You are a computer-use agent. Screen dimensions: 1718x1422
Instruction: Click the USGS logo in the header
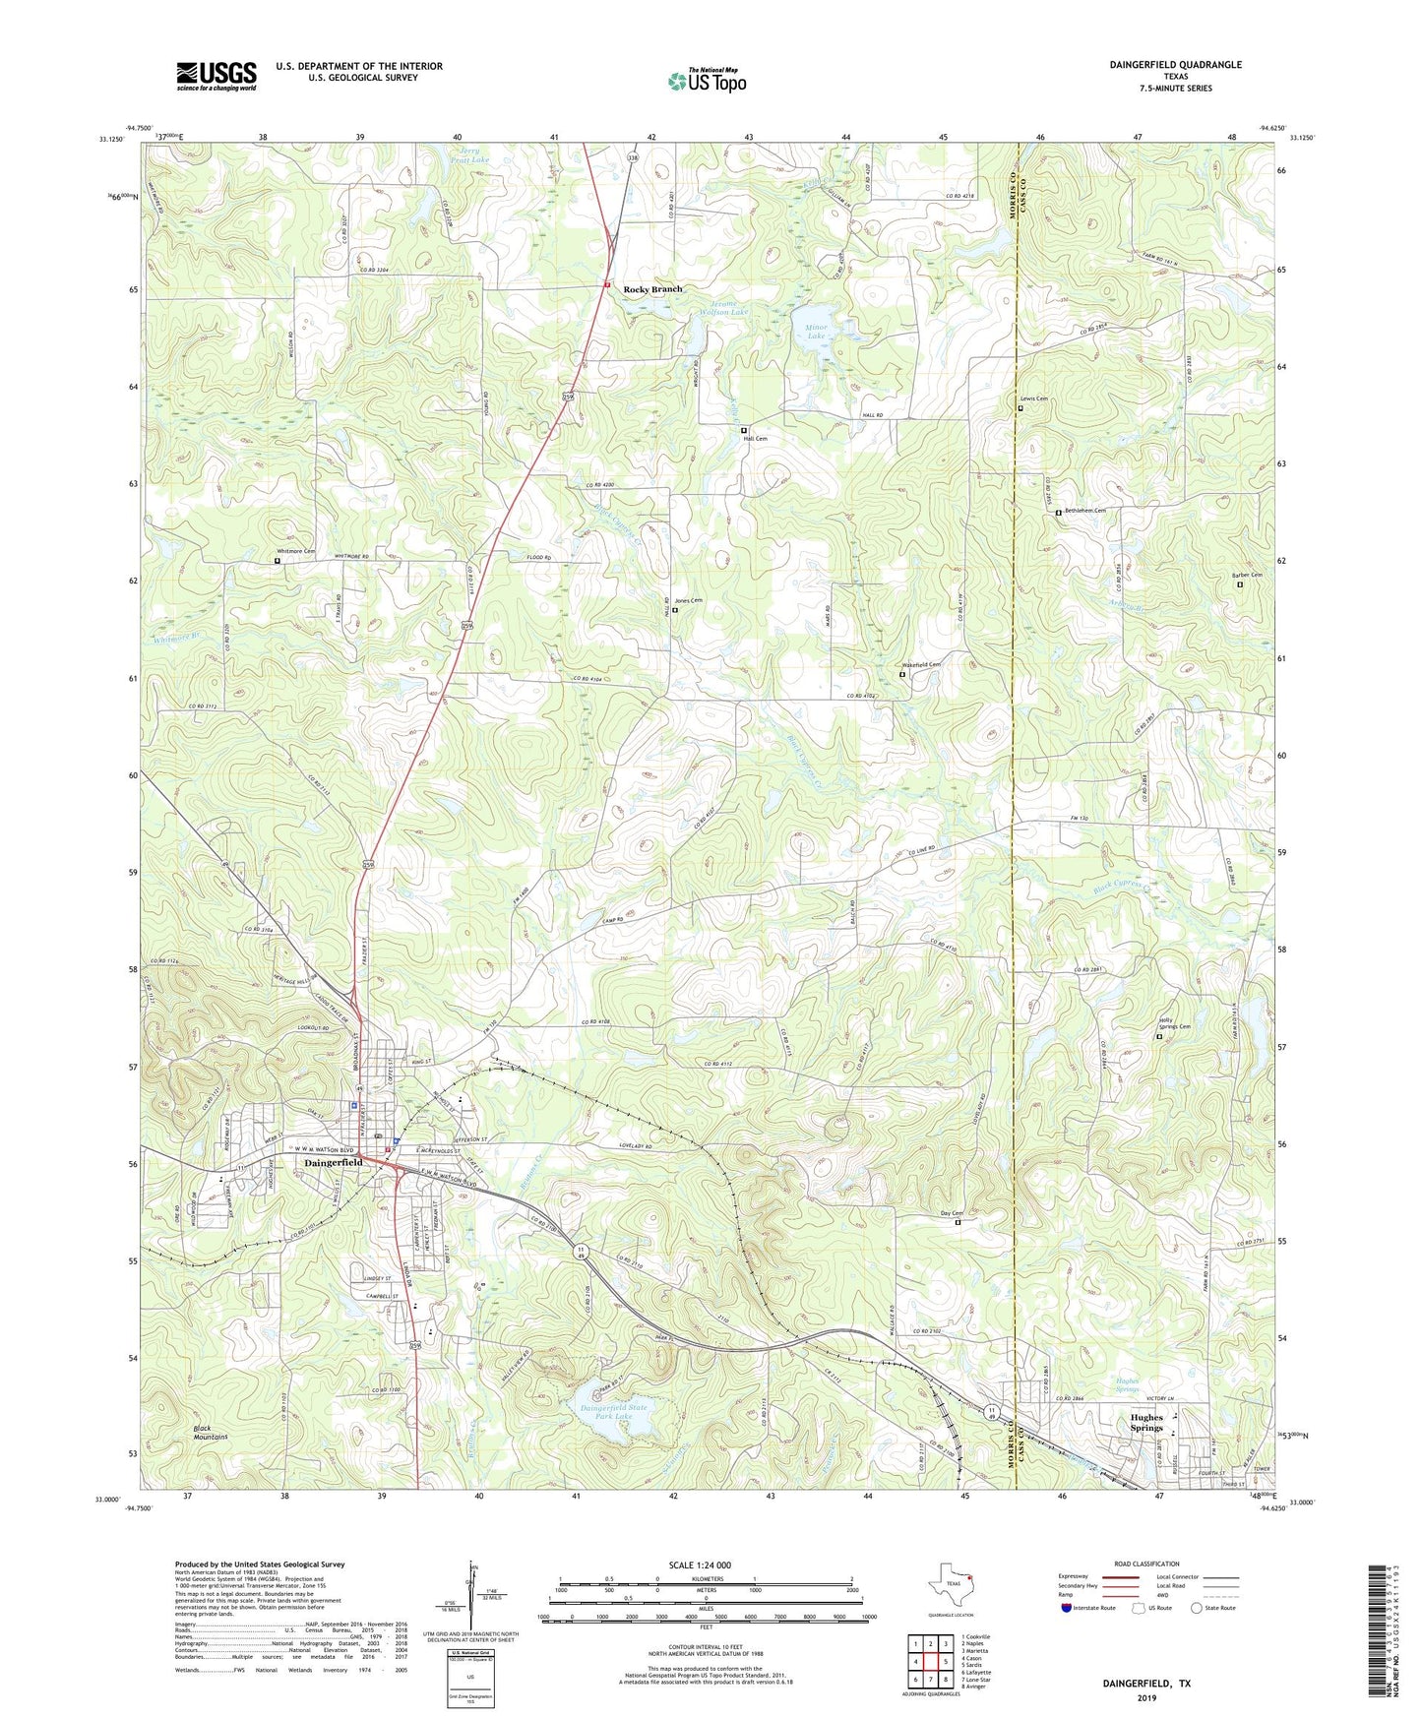[x=216, y=76]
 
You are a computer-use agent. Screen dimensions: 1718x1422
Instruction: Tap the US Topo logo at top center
[x=706, y=81]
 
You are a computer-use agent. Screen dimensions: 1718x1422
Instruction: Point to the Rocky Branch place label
[x=652, y=289]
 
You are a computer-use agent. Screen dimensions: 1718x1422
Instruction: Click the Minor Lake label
[x=817, y=331]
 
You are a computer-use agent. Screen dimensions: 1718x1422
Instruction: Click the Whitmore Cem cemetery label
[x=295, y=552]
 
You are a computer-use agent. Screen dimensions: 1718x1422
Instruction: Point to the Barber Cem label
[x=1247, y=576]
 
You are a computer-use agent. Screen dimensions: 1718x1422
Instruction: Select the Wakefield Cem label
[x=921, y=665]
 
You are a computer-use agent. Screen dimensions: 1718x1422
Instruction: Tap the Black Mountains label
[x=209, y=1433]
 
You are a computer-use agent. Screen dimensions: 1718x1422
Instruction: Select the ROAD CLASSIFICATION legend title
[x=1145, y=1564]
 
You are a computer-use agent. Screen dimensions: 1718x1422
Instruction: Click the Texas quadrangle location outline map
[x=951, y=1586]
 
